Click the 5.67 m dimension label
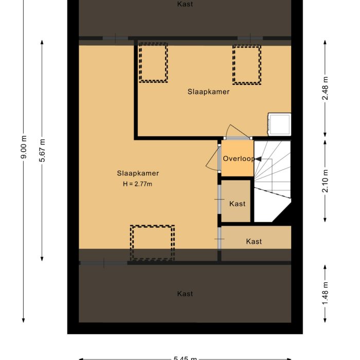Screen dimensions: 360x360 (x=42, y=151)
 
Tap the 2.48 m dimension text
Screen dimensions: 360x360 (x=325, y=91)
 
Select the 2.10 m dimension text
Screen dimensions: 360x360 (x=325, y=181)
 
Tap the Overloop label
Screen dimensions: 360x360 (x=238, y=159)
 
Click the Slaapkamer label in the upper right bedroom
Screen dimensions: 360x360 (x=208, y=92)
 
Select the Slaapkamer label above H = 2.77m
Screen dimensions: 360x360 (x=137, y=173)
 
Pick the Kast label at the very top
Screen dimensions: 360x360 (x=185, y=4)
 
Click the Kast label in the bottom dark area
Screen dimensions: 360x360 (x=185, y=294)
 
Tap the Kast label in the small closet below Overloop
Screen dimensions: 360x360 (x=237, y=204)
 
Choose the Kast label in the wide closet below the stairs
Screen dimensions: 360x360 (x=254, y=241)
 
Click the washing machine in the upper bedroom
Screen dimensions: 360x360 (x=279, y=124)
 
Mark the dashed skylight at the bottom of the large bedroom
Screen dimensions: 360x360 (x=152, y=242)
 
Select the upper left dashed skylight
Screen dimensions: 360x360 (x=154, y=63)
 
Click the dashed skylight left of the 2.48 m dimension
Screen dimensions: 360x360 (x=246, y=65)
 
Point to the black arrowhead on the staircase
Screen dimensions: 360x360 (x=258, y=160)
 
